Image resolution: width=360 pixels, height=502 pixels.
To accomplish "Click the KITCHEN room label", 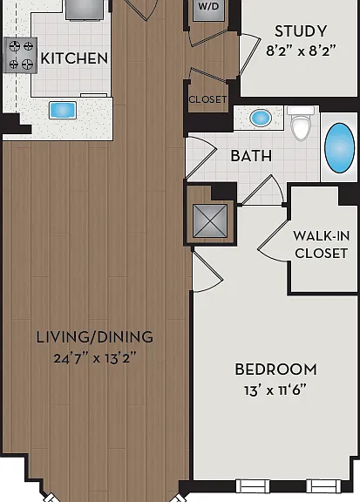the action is pyautogui.click(x=74, y=58).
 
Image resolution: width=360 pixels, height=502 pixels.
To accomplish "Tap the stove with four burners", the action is pyautogui.click(x=21, y=55).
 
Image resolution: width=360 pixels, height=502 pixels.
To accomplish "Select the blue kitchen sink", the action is pyautogui.click(x=63, y=110).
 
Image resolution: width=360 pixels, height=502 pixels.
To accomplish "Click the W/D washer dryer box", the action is pyautogui.click(x=208, y=10).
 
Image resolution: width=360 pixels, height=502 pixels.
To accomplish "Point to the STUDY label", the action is pyautogui.click(x=301, y=31).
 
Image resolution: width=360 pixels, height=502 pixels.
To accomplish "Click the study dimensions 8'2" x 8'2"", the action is pyautogui.click(x=301, y=51).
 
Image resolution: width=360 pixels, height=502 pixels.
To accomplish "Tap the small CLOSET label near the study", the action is pyautogui.click(x=207, y=99).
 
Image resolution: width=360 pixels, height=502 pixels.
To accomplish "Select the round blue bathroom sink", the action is pyautogui.click(x=261, y=118).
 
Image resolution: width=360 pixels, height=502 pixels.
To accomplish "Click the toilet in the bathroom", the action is pyautogui.click(x=301, y=123).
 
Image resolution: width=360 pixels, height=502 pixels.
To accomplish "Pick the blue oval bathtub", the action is pyautogui.click(x=339, y=148).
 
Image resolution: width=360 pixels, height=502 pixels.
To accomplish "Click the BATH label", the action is pyautogui.click(x=251, y=156).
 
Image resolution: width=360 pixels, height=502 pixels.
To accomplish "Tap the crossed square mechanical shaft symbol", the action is pyautogui.click(x=210, y=220).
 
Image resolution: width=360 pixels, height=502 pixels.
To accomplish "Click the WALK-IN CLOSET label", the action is pyautogui.click(x=322, y=245).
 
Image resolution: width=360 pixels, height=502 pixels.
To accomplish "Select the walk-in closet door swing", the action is pyautogui.click(x=273, y=241).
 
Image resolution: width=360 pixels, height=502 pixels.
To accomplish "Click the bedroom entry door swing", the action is pyautogui.click(x=207, y=271).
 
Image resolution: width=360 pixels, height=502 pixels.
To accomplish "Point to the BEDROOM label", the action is pyautogui.click(x=276, y=370).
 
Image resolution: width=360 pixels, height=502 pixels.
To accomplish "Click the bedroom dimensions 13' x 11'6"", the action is pyautogui.click(x=275, y=390).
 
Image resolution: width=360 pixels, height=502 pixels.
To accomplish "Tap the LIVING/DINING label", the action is pyautogui.click(x=95, y=337).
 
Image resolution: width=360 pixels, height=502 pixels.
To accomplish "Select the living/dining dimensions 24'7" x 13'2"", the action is pyautogui.click(x=95, y=358).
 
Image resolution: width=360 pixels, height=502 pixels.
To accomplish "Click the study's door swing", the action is pyautogui.click(x=250, y=54).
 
